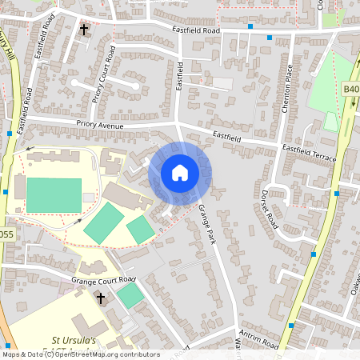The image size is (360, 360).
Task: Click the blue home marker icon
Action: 180,173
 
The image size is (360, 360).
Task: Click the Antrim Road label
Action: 258,339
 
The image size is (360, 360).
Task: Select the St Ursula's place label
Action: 74,340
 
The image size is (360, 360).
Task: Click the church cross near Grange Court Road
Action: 101,298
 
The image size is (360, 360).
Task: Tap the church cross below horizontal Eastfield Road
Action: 84,30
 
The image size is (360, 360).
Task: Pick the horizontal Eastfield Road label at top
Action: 195,30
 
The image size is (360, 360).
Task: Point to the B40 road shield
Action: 350,90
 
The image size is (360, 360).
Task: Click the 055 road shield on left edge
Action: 6,234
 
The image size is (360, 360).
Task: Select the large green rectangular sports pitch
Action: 54,195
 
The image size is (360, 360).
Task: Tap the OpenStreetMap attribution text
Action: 80,354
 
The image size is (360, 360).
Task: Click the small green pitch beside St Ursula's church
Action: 130,296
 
